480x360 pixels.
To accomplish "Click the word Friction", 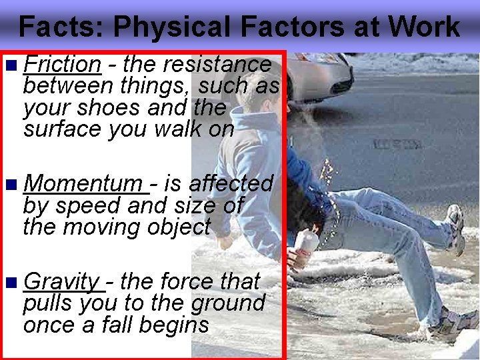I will pos(61,65).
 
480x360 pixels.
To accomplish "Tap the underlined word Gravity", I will pos(61,281).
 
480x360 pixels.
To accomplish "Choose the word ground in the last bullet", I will pos(228,303).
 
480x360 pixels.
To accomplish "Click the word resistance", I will pos(217,65).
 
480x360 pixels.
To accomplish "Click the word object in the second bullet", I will pos(179,227).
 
